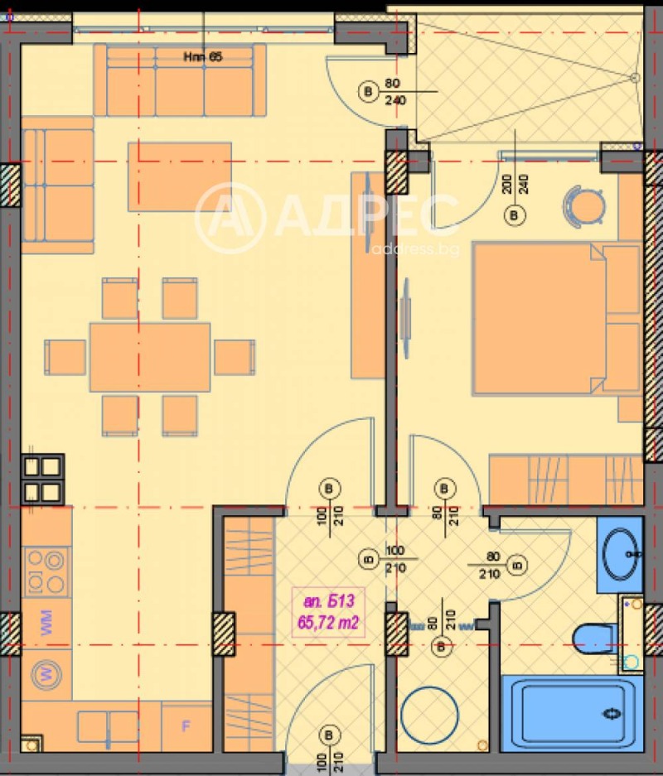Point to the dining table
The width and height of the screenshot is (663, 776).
tap(150, 357)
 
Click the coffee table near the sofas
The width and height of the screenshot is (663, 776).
tap(179, 176)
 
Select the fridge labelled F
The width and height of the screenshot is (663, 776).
tap(186, 726)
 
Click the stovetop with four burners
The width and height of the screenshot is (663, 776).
tap(45, 571)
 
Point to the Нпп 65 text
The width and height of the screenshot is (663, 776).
tap(204, 57)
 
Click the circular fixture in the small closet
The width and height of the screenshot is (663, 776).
tap(429, 715)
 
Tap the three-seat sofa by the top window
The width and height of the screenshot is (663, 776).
tap(180, 80)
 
